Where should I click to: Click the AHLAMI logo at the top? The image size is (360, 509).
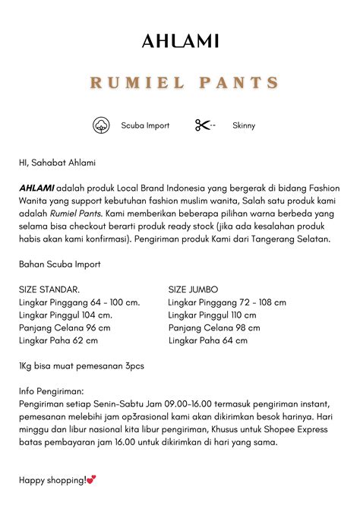tap(180, 41)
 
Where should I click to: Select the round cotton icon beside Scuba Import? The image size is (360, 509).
tap(101, 125)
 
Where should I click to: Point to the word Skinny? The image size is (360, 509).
tap(244, 125)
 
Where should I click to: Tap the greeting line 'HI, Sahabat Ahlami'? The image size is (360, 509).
tap(58, 163)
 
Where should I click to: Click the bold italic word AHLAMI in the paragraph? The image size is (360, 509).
tap(36, 188)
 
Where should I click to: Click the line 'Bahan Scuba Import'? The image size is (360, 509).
tap(59, 264)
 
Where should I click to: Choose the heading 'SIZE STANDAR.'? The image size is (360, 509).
tap(49, 289)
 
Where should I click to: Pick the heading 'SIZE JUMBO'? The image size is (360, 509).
tap(193, 289)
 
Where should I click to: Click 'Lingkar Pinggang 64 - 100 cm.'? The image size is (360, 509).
tap(79, 302)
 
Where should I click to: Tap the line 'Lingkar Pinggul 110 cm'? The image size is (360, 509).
tap(213, 315)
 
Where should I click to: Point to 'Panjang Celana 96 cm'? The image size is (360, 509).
tap(65, 327)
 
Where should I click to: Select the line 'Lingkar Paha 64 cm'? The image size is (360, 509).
tap(207, 340)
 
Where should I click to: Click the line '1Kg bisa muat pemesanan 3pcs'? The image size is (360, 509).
tap(81, 365)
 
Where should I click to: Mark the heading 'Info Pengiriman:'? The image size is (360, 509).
tap(52, 391)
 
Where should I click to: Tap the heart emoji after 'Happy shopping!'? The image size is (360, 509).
tap(92, 480)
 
